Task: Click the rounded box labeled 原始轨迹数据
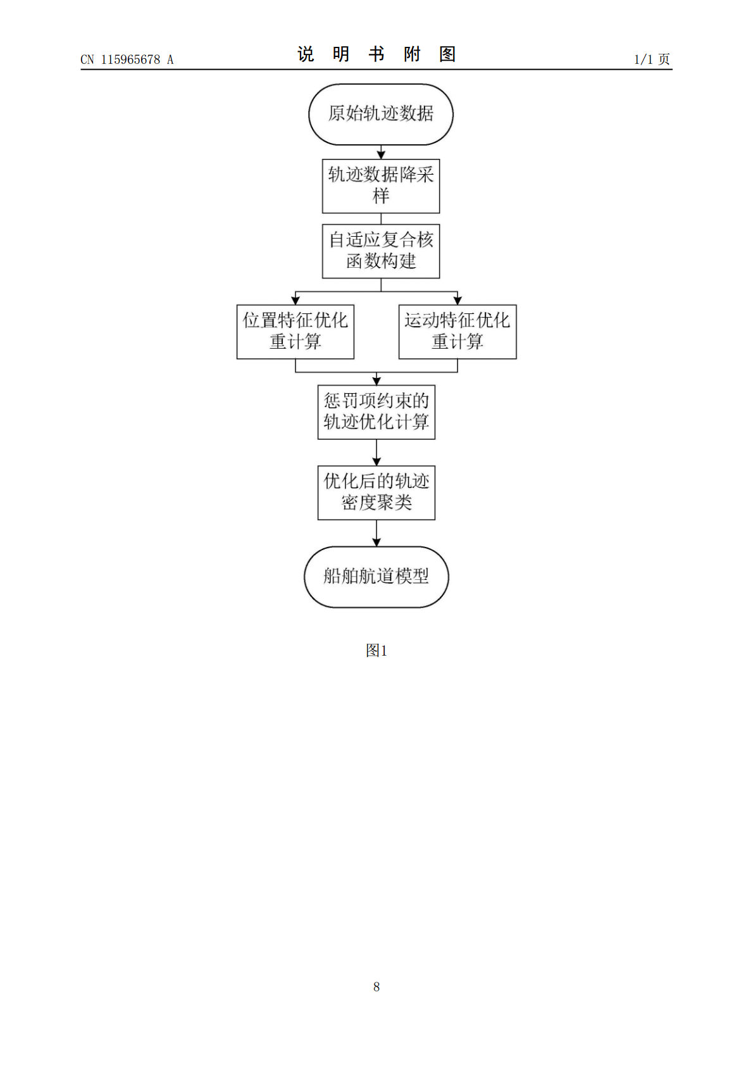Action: [380, 114]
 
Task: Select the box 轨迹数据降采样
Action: [380, 185]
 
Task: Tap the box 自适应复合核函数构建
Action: [380, 251]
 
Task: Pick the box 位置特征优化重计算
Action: [295, 331]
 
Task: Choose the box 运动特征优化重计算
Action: [457, 331]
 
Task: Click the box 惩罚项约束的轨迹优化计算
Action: [376, 411]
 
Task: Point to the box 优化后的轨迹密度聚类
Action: [376, 492]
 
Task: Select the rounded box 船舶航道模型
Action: [376, 576]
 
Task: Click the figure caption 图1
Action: [376, 650]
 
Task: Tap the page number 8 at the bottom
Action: [376, 986]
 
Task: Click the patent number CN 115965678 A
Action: [127, 60]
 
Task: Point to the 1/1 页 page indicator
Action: [652, 60]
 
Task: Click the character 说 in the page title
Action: [306, 54]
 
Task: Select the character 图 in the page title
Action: [447, 54]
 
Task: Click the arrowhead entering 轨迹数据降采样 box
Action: [380, 154]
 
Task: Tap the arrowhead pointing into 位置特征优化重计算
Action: [295, 300]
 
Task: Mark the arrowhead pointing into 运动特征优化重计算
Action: [457, 300]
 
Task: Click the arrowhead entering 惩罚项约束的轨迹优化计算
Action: [376, 380]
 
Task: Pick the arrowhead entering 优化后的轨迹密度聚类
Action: [376, 461]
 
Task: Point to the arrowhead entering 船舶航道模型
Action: [376, 542]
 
